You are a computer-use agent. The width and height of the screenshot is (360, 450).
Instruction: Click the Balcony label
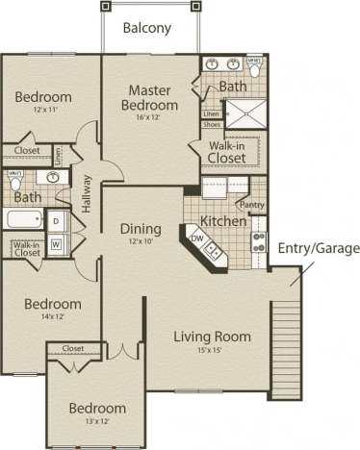[x=148, y=28]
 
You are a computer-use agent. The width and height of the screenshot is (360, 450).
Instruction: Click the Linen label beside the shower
[x=211, y=114]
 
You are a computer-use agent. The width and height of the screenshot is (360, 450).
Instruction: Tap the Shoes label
[x=212, y=125]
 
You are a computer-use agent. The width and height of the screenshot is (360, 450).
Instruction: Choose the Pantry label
[x=253, y=204]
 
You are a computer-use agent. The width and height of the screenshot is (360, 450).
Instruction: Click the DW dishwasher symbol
[x=197, y=237]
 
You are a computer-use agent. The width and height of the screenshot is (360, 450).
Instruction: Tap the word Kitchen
[x=223, y=221]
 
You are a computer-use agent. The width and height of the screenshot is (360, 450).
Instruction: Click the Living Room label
[x=212, y=337]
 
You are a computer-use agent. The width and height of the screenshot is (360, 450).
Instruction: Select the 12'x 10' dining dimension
[x=140, y=241]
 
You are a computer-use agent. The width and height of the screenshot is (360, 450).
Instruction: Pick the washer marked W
[x=56, y=244]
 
